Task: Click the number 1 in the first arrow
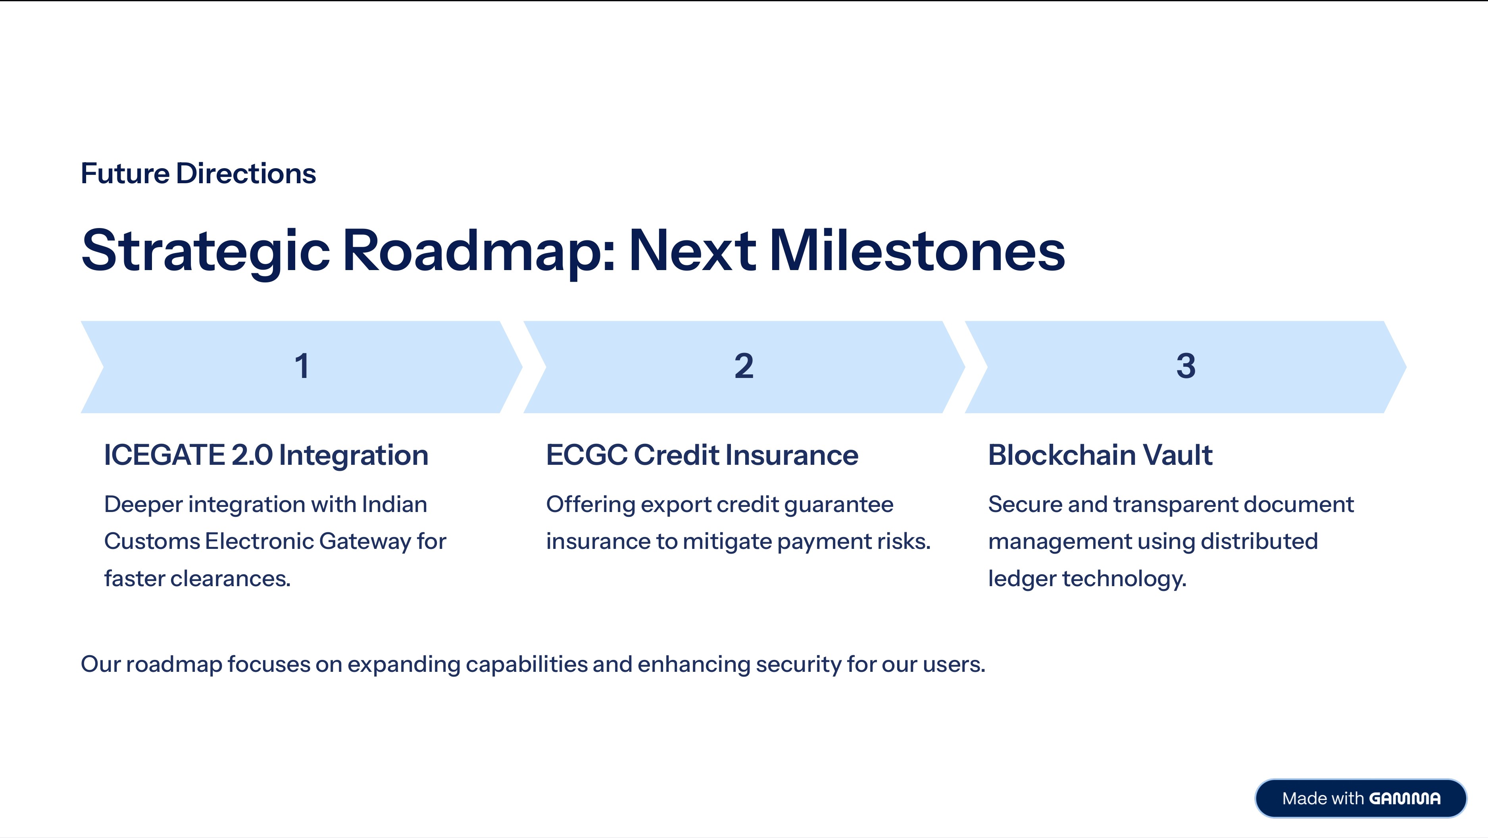(302, 366)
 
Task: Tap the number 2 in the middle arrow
(744, 366)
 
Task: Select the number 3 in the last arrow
(1186, 366)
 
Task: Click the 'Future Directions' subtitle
(198, 173)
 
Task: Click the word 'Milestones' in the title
(917, 251)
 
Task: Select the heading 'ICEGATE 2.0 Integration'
(266, 454)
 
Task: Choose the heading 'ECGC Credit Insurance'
(702, 454)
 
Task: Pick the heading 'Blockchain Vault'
(1100, 454)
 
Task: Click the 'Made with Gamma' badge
(1361, 798)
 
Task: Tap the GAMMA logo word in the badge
(1405, 798)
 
